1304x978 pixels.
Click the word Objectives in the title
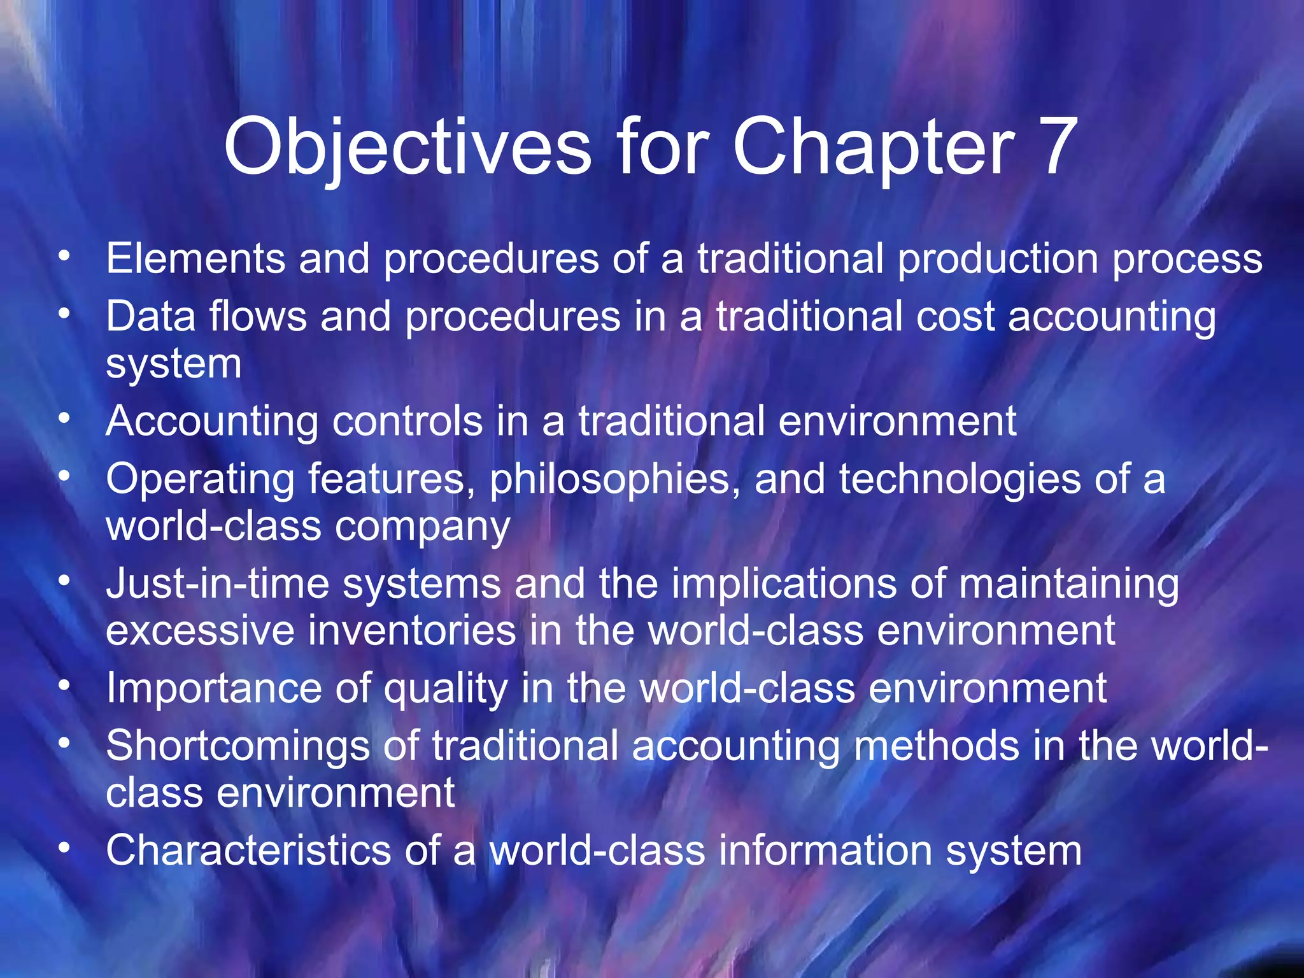coord(407,148)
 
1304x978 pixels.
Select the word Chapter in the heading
coord(873,148)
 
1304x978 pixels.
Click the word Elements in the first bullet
coord(195,259)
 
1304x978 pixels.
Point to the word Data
coord(150,316)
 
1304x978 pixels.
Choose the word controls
coord(407,421)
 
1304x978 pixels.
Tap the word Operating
coord(200,479)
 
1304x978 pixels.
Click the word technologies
coord(959,479)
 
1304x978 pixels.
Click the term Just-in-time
coord(217,584)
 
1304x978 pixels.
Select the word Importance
coord(213,688)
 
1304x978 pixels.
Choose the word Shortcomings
coord(237,746)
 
